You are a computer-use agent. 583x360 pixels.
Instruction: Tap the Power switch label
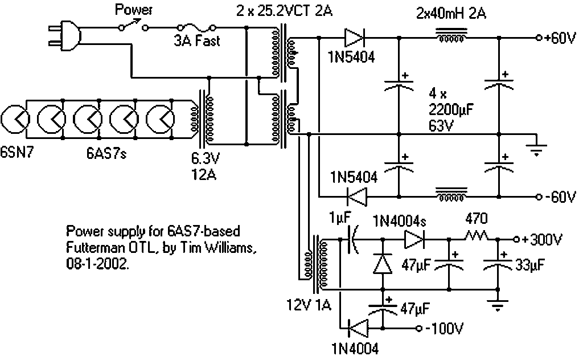132,9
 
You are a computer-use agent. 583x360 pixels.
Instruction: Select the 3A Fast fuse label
197,41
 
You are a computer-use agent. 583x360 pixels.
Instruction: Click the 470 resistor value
476,218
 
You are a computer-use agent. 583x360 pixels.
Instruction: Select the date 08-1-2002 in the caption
98,264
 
